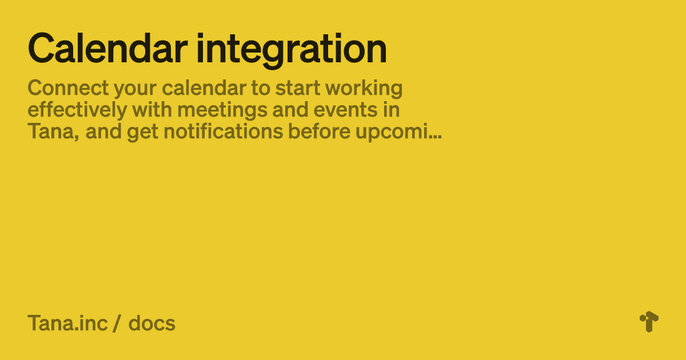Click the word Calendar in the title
pyautogui.click(x=107, y=49)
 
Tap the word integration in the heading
pyautogui.click(x=292, y=50)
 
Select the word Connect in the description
pyautogui.click(x=68, y=88)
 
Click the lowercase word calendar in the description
pyautogui.click(x=204, y=88)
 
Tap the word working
pyautogui.click(x=364, y=89)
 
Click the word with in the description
pyautogui.click(x=152, y=110)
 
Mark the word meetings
pyautogui.click(x=222, y=111)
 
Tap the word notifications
pyautogui.click(x=224, y=131)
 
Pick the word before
pyautogui.click(x=319, y=131)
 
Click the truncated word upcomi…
pyautogui.click(x=398, y=133)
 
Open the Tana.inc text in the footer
pyautogui.click(x=67, y=323)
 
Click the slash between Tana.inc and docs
pyautogui.click(x=116, y=323)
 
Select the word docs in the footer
pyautogui.click(x=151, y=323)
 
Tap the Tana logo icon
pyautogui.click(x=649, y=322)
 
